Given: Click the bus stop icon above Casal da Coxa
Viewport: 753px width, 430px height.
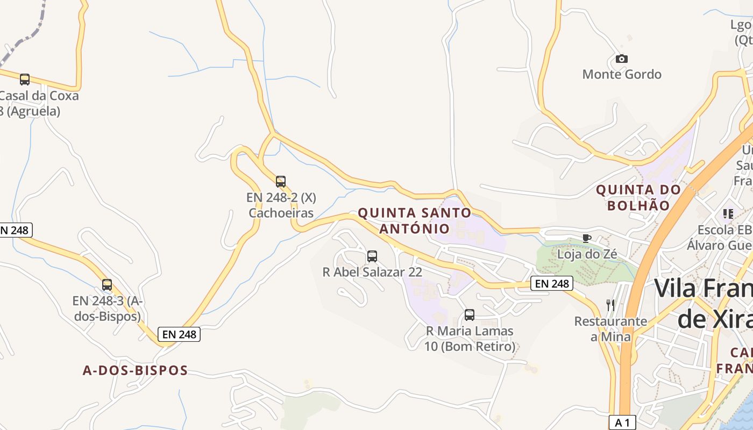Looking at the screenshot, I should click(25, 80).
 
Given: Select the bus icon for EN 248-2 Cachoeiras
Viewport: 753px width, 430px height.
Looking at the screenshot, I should click(281, 182).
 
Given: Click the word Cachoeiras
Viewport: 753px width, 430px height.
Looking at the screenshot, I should click(281, 213).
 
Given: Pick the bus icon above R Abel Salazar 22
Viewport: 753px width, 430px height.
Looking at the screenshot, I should click(372, 256).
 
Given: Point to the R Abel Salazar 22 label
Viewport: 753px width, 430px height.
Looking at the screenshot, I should click(372, 272).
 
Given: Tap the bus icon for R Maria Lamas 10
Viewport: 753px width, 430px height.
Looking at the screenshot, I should click(470, 315).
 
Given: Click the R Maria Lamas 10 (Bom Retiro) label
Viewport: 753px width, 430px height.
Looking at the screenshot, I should click(470, 339).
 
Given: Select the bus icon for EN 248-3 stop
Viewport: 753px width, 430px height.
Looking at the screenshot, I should click(107, 285).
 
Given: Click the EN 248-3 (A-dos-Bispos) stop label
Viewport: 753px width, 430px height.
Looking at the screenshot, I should click(108, 309).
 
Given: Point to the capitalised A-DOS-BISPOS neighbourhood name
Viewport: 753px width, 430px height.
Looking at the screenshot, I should click(136, 370).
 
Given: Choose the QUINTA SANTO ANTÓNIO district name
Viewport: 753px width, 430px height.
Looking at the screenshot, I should click(415, 221).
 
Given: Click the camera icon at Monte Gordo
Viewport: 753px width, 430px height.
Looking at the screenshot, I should click(622, 59).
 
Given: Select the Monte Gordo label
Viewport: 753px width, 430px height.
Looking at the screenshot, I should click(622, 74).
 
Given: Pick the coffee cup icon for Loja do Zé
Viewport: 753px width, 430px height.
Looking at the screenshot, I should click(587, 238).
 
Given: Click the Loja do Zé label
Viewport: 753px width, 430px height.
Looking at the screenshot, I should click(587, 254).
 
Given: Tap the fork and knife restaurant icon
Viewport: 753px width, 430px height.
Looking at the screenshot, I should click(610, 305).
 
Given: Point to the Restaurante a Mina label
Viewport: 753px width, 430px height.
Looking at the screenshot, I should click(610, 329).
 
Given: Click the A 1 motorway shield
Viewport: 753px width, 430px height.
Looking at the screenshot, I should click(622, 422).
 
